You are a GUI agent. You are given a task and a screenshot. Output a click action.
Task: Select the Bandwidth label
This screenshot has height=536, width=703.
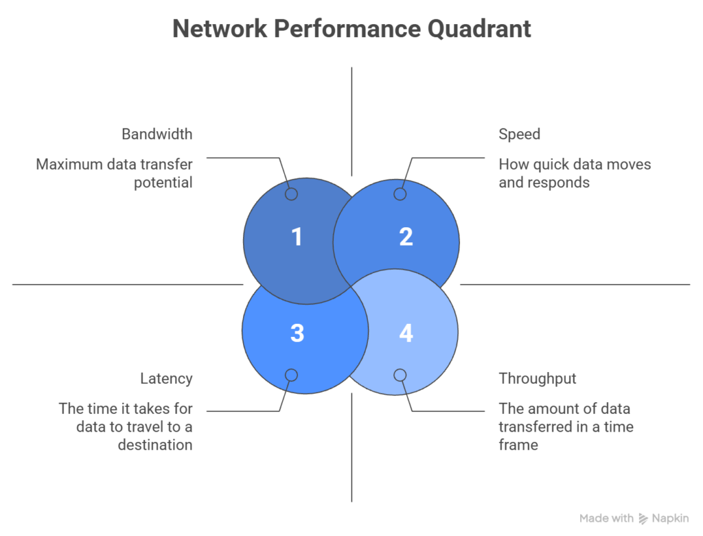[157, 134]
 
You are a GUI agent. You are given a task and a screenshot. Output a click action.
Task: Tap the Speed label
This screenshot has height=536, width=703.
[519, 134]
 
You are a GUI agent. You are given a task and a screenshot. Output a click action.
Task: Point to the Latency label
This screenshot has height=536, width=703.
[166, 379]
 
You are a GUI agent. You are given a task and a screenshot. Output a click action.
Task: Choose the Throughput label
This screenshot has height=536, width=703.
[538, 379]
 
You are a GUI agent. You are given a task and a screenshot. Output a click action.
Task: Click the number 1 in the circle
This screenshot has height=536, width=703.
[297, 237]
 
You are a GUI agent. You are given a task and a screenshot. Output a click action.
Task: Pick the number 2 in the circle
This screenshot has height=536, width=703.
[406, 237]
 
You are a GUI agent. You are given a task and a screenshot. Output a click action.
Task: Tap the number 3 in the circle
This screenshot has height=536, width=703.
[297, 333]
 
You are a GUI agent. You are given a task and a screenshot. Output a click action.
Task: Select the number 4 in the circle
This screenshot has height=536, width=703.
[406, 333]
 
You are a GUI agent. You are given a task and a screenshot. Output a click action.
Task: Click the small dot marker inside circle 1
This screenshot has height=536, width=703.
[291, 194]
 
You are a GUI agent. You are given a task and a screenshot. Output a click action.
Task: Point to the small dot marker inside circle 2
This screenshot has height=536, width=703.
[400, 194]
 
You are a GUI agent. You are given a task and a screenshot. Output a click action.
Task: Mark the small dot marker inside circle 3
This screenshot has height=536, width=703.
[291, 375]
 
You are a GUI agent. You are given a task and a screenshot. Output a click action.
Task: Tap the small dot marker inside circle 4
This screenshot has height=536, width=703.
[400, 375]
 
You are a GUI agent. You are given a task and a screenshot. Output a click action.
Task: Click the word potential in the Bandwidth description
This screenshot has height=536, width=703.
[163, 183]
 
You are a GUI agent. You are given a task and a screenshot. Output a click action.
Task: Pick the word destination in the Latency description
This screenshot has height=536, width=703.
[154, 445]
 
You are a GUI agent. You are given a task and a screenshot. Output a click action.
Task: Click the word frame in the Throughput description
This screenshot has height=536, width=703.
[518, 445]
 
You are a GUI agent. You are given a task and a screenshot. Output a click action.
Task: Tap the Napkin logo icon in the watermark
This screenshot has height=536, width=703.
[643, 519]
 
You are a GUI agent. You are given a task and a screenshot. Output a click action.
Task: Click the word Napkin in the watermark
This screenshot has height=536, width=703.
[671, 519]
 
